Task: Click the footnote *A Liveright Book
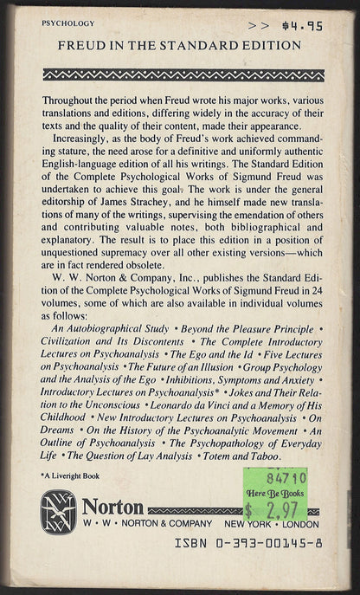click(73, 479)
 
